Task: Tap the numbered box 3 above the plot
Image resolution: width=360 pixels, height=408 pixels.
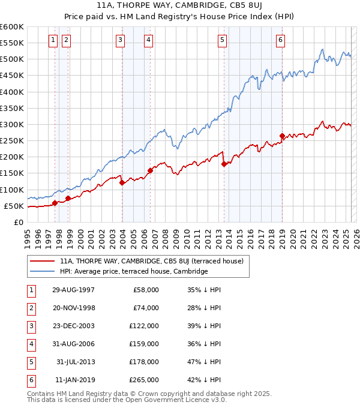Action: (121, 40)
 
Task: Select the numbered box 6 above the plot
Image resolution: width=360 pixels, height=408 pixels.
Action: (280, 40)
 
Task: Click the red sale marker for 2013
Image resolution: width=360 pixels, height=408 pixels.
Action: (224, 164)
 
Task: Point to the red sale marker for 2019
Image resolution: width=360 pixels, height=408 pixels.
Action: (282, 136)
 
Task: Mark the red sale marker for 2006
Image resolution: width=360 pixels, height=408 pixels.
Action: (150, 170)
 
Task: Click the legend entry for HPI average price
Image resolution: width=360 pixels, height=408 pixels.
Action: (133, 271)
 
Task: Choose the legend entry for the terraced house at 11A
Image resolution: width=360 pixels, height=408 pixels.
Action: (151, 262)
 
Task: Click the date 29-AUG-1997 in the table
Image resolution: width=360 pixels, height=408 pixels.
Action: (74, 290)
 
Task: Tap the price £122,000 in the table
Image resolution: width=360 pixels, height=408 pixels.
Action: (145, 326)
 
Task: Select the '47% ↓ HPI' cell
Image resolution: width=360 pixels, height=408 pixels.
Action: (205, 362)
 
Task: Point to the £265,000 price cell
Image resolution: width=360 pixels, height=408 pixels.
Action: (145, 380)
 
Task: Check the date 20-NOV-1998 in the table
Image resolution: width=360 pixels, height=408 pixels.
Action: (74, 308)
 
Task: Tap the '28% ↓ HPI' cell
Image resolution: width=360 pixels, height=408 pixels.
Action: (205, 308)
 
